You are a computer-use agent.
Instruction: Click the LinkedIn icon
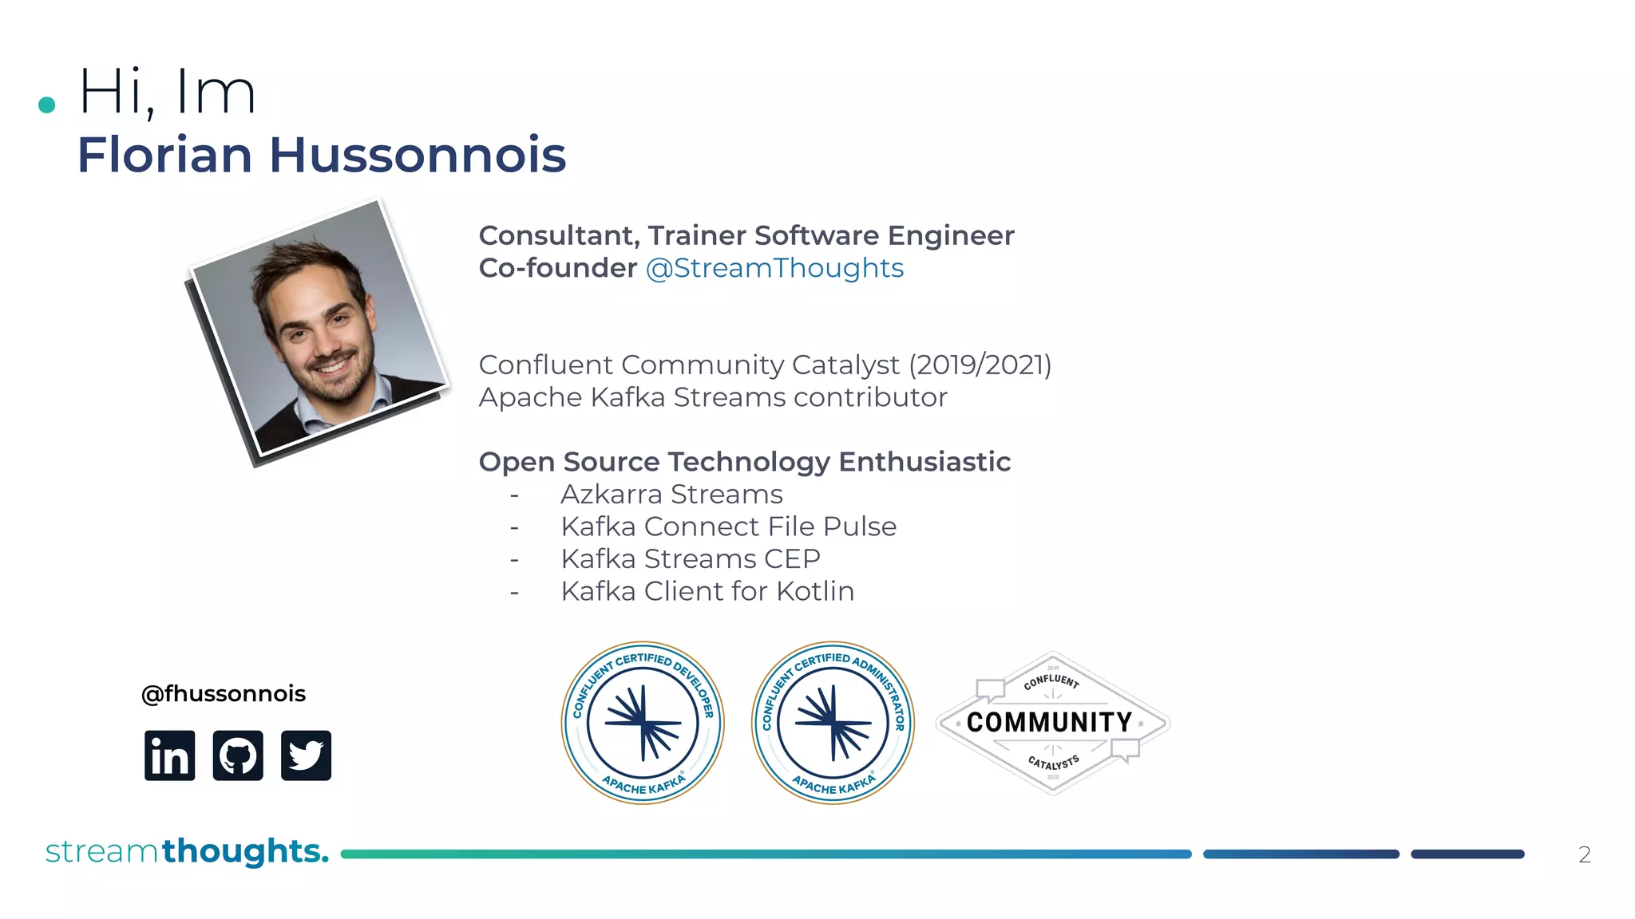(169, 755)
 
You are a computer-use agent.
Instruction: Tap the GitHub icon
(238, 755)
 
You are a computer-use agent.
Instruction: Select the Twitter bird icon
(306, 755)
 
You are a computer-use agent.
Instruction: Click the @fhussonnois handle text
(224, 694)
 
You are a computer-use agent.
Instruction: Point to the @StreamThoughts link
(774, 269)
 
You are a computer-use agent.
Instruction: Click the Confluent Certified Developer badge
(643, 724)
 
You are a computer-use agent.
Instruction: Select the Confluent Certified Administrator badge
(833, 724)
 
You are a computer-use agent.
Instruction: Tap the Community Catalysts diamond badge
(1052, 723)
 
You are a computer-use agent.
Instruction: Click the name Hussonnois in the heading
(418, 155)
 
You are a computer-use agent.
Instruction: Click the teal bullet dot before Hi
(47, 105)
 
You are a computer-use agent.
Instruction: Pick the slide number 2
(1585, 855)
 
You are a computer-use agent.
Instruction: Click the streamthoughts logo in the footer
(187, 852)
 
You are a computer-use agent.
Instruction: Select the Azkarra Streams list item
(671, 495)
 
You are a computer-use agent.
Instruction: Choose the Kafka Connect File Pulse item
(728, 527)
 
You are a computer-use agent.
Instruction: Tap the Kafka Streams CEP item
(691, 559)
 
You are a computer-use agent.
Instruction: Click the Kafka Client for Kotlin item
(707, 592)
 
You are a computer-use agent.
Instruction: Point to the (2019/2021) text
(980, 365)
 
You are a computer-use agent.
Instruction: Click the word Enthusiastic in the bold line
(924, 462)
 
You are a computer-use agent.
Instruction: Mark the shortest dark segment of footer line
(1467, 854)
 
